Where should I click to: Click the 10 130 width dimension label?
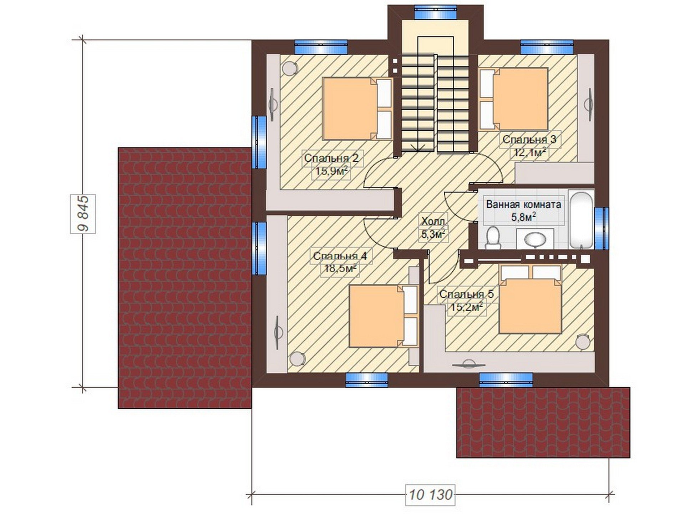tap(431, 495)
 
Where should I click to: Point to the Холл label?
tap(433, 221)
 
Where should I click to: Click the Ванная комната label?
tap(523, 205)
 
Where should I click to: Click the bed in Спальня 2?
tap(357, 109)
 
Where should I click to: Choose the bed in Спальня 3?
tap(514, 99)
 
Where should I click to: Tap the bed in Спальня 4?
tap(384, 316)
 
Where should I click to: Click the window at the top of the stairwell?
tap(436, 12)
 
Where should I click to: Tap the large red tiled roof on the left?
tap(185, 278)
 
